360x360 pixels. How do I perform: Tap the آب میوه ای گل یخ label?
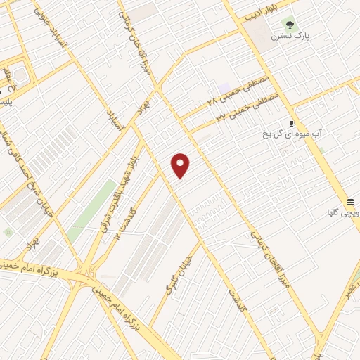point(288,131)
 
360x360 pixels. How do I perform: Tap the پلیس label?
point(7,101)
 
